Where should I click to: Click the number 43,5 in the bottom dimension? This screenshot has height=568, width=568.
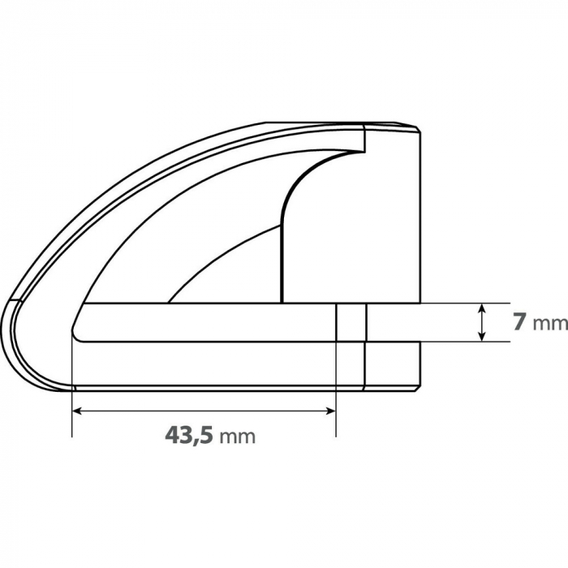tap(189, 435)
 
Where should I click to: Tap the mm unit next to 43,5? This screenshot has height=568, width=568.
tap(238, 437)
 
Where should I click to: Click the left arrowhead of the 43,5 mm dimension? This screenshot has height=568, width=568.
tap(78, 411)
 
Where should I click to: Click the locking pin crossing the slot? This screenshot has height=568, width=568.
tap(351, 322)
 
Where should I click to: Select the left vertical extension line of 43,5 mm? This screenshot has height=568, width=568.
tap(72, 406)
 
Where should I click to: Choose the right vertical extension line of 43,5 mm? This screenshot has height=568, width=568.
tap(336, 406)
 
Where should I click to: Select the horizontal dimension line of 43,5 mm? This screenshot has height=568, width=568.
tap(203, 411)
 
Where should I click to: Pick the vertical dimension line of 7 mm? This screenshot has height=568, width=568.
tap(483, 322)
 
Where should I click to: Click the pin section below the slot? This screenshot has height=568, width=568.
tap(351, 364)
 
